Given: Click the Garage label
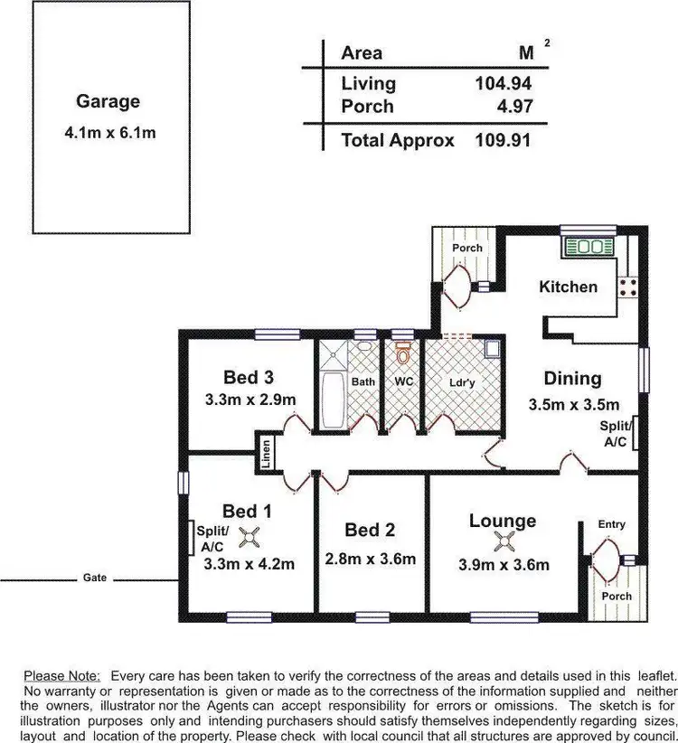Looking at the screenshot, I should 108,102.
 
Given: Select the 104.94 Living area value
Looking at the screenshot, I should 503,84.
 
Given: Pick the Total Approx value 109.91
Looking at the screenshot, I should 503,140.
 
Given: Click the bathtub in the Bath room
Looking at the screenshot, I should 332,401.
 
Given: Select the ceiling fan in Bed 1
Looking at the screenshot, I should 249,538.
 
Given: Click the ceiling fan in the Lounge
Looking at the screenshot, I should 503,541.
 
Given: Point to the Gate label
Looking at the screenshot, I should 95,577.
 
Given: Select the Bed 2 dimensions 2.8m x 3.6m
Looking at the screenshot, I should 371,560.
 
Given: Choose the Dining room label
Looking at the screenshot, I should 572,378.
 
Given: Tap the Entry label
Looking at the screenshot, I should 612,524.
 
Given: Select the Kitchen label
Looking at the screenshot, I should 568,287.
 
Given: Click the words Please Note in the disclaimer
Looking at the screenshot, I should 64,675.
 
